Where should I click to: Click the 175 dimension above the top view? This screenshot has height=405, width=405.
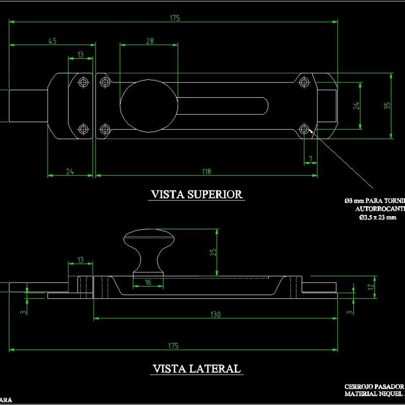coord(175,18)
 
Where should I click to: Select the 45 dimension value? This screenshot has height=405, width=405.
coord(52,41)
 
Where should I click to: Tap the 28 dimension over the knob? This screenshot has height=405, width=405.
coord(149,41)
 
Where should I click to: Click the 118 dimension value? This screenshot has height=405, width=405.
coord(206,172)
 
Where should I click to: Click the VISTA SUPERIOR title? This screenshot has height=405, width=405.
coord(197,194)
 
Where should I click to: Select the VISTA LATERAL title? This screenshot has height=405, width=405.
coord(196,369)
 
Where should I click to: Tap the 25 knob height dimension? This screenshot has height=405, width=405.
coord(213,252)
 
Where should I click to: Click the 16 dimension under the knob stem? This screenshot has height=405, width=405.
coord(148,282)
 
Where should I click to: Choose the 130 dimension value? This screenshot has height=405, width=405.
coord(216,314)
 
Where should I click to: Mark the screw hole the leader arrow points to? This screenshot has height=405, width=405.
coord(304,129)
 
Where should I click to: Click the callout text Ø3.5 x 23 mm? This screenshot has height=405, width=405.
coord(377,218)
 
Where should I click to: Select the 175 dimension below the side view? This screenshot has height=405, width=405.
coord(173,346)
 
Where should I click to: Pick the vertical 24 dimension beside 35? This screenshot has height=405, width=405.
coord(356,106)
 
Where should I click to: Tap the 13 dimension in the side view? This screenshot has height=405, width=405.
coord(80,260)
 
